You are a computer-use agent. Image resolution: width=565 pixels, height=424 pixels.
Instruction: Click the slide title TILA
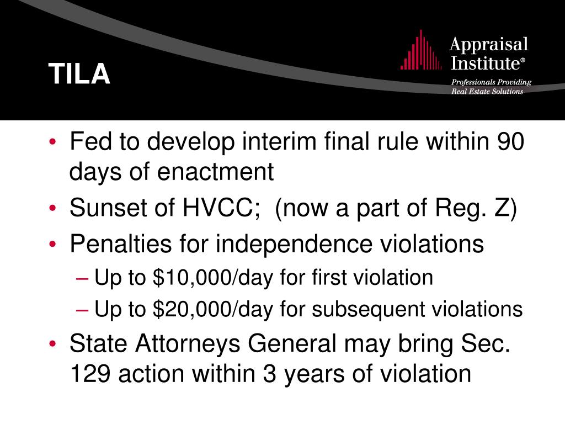pos(79,74)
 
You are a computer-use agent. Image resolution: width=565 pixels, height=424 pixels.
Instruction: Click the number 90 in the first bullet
pos(510,144)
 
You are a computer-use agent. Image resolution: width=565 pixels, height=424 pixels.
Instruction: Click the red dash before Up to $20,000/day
pos(82,310)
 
